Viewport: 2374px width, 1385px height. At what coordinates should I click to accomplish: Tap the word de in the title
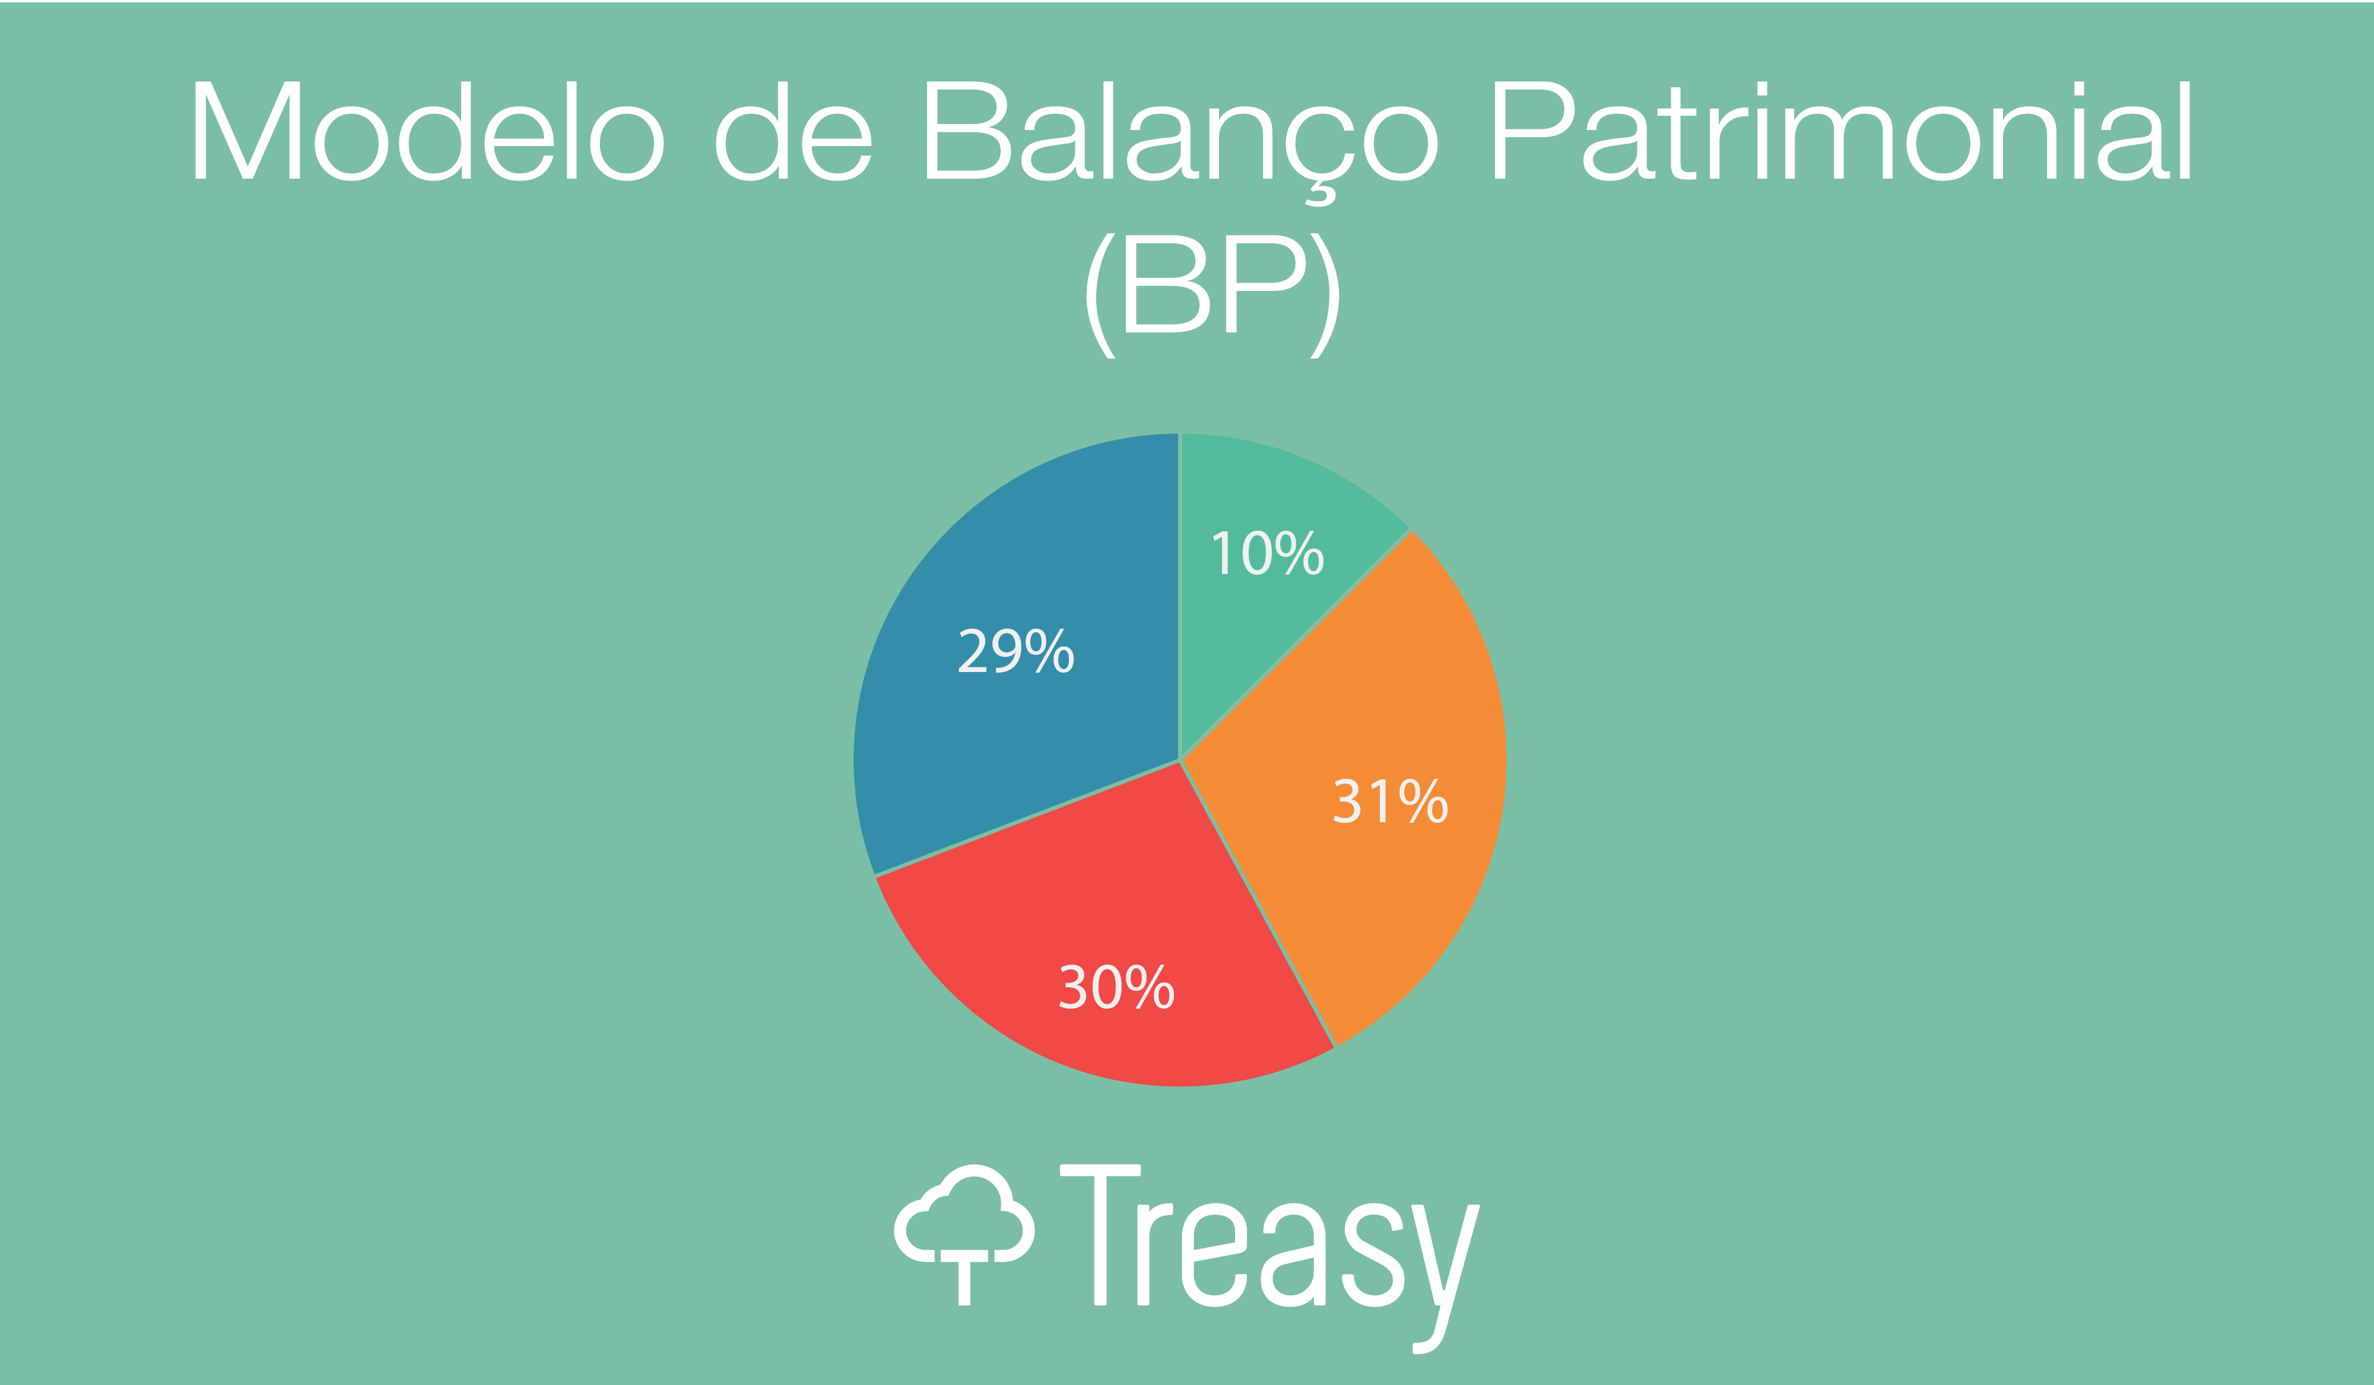(x=794, y=130)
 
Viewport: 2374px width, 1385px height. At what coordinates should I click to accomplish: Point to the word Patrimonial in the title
(x=1843, y=130)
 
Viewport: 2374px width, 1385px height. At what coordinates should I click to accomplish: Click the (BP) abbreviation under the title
(x=1213, y=295)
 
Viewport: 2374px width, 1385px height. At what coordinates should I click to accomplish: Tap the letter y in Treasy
(x=1445, y=1279)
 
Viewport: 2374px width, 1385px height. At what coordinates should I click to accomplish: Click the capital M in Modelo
(x=247, y=130)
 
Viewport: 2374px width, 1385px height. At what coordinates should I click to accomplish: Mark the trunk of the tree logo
(x=964, y=1279)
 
